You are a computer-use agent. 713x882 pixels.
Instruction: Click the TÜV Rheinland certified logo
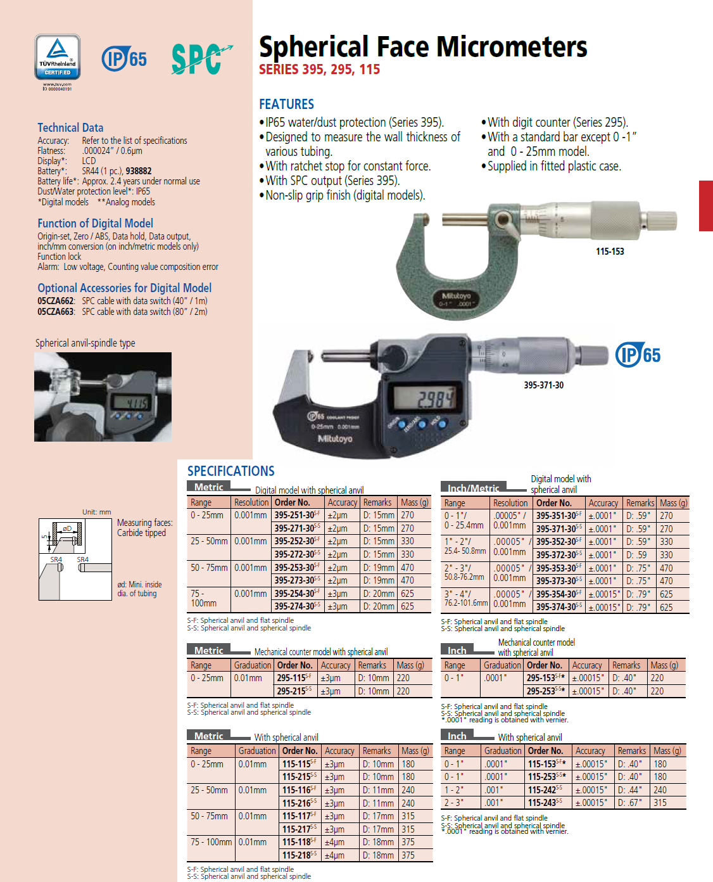click(58, 58)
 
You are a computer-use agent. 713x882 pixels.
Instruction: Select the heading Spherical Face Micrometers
click(422, 47)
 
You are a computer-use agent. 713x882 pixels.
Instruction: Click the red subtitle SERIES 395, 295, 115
click(319, 70)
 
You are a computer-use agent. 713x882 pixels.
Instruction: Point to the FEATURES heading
click(286, 104)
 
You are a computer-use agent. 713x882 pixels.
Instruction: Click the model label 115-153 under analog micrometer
click(609, 252)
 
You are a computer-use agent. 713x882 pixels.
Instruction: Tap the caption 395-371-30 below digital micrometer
click(543, 385)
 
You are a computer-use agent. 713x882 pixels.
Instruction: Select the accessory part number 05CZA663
click(56, 312)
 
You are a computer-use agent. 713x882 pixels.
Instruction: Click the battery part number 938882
click(138, 171)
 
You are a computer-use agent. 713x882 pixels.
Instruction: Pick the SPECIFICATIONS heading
click(230, 471)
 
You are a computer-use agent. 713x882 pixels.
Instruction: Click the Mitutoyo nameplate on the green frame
click(456, 298)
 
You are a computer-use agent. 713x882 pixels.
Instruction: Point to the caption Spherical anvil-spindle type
click(85, 343)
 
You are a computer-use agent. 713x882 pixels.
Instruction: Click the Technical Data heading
click(70, 127)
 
